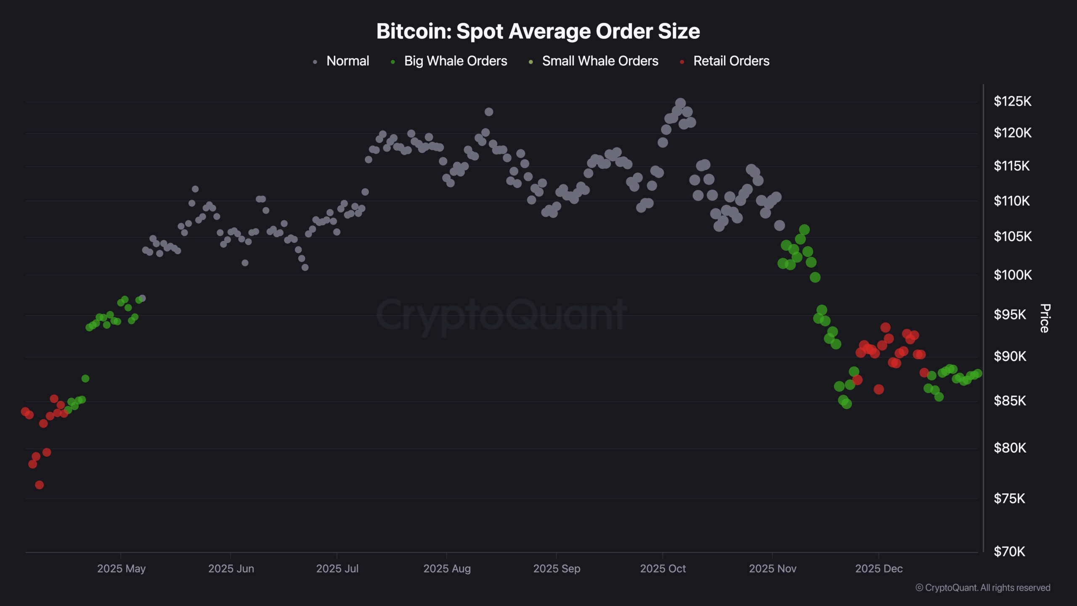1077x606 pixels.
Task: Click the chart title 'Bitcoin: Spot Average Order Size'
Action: click(538, 31)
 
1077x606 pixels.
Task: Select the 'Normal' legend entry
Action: click(347, 61)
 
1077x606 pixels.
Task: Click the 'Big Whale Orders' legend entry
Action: click(455, 61)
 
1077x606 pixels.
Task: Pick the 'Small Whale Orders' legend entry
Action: click(600, 61)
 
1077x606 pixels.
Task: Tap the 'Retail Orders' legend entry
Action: click(731, 61)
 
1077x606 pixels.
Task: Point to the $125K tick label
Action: click(1012, 101)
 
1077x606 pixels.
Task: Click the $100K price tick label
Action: click(1012, 275)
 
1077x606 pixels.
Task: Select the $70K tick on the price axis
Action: click(1009, 551)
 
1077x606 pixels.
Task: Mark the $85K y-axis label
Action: click(1010, 401)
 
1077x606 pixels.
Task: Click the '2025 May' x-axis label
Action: click(121, 569)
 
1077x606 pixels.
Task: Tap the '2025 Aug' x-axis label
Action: click(447, 569)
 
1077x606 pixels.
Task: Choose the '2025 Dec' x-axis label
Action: click(879, 569)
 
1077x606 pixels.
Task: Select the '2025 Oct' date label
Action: click(663, 569)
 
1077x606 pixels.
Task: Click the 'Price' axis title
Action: click(1045, 318)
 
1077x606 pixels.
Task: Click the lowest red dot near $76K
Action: click(39, 485)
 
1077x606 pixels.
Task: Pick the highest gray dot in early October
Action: click(680, 103)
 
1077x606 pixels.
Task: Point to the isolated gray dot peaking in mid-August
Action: click(488, 112)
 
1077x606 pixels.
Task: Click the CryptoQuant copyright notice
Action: click(983, 587)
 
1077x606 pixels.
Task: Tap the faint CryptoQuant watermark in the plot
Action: click(501, 315)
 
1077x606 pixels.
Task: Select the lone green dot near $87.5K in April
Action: click(85, 379)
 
